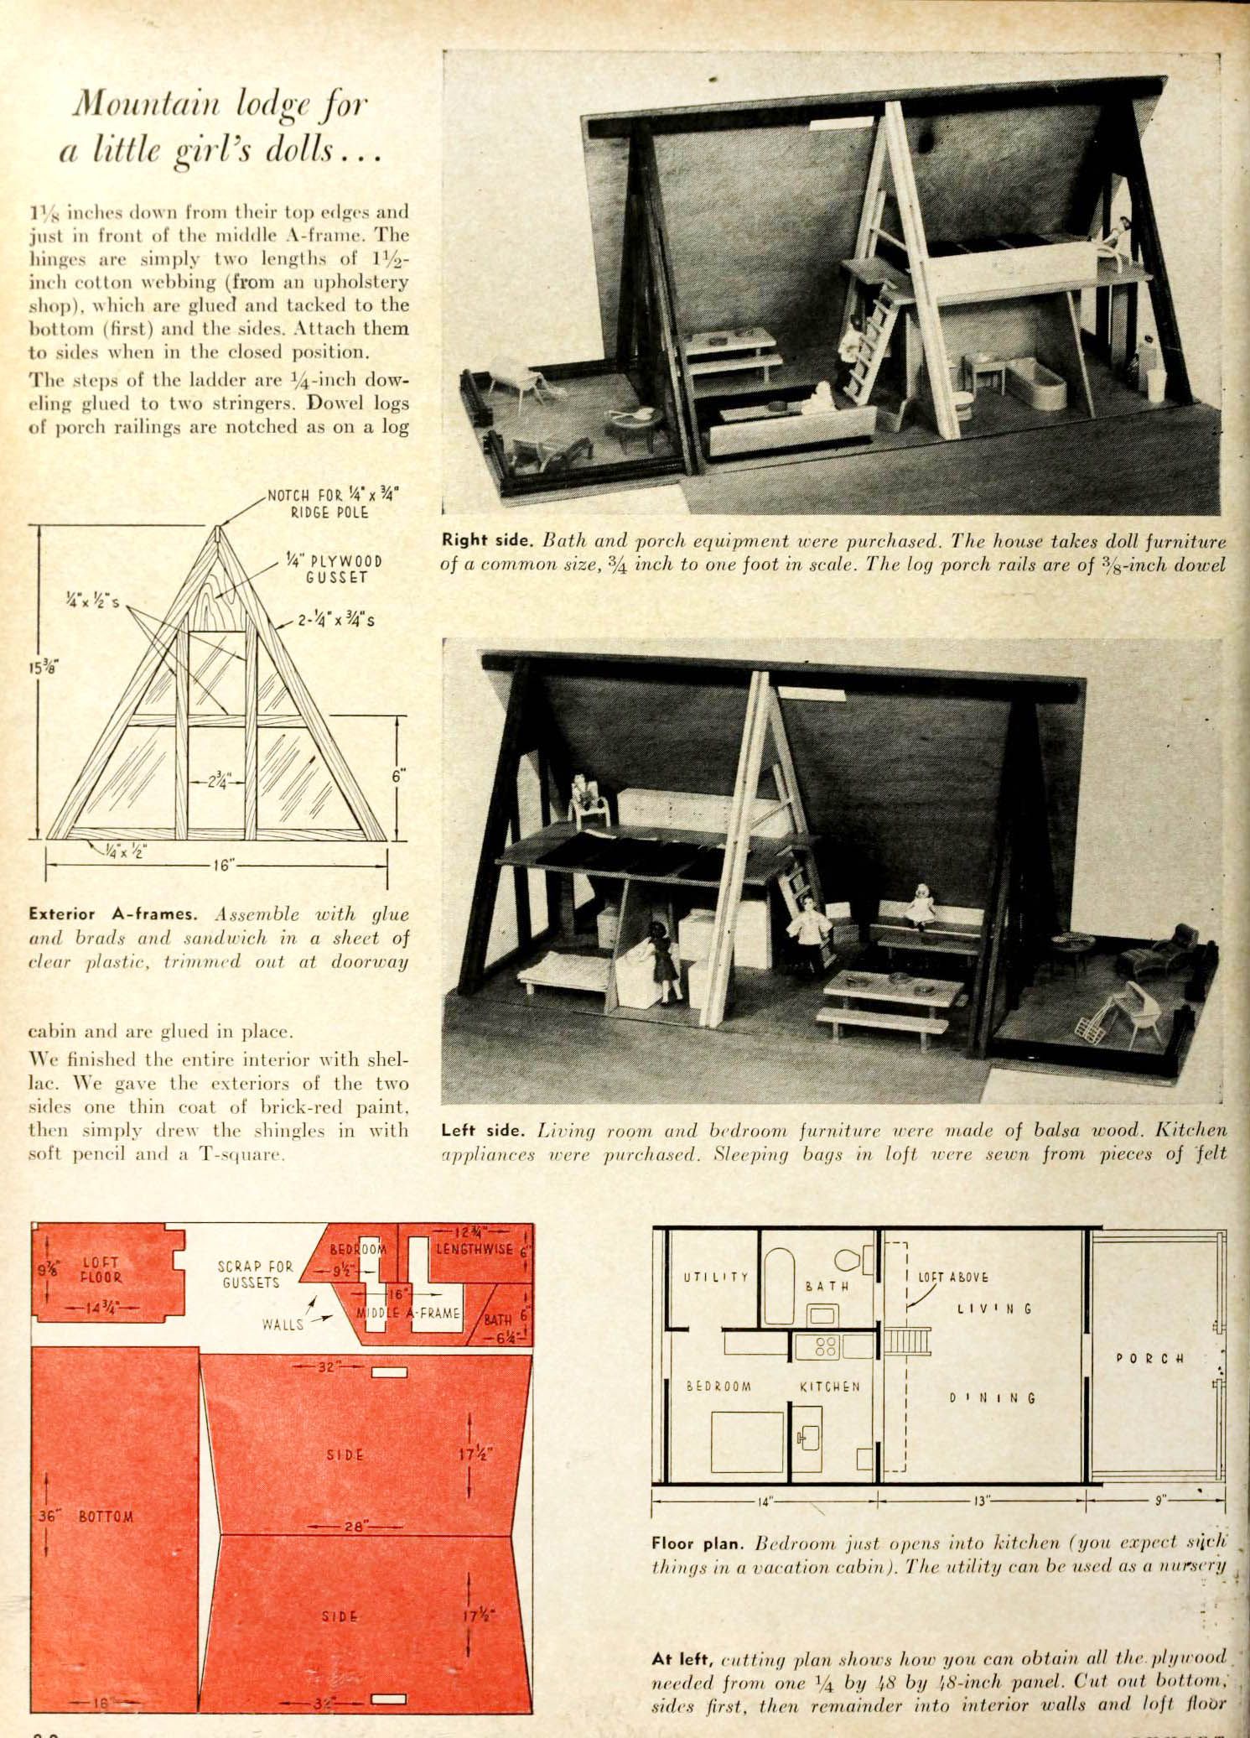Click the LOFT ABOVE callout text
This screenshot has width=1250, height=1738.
tap(953, 1277)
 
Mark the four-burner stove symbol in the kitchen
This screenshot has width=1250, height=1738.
tap(825, 1346)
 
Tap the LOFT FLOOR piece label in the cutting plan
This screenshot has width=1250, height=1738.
tap(101, 1270)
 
